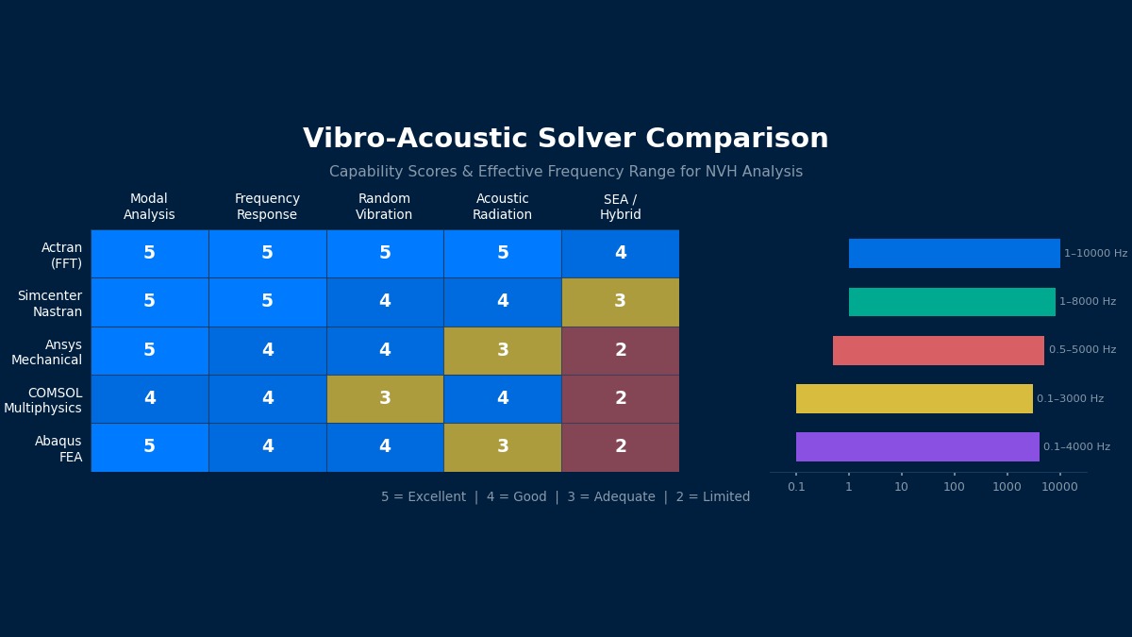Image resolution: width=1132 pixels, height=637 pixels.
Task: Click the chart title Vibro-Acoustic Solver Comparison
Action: click(x=565, y=139)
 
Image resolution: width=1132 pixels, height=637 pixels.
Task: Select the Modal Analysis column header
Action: click(x=149, y=207)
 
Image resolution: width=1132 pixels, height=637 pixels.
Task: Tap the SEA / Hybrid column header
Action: click(x=620, y=207)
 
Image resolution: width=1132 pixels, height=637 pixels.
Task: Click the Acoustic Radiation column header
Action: click(x=502, y=207)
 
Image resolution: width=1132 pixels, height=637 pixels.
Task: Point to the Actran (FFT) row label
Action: click(x=61, y=255)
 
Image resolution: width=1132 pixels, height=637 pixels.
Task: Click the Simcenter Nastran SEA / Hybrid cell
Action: click(x=620, y=302)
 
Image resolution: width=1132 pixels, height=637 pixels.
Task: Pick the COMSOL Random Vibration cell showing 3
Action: click(x=384, y=398)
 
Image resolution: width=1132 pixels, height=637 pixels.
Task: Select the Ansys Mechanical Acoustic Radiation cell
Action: click(x=502, y=350)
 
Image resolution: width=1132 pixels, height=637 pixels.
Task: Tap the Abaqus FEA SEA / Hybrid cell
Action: click(x=620, y=446)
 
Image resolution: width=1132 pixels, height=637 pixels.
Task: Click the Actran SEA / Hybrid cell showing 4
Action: click(x=620, y=253)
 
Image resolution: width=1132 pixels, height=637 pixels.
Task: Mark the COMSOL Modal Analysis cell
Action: click(x=149, y=398)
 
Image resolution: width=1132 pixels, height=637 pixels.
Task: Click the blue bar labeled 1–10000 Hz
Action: click(x=954, y=253)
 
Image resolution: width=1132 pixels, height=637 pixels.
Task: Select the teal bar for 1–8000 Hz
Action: click(x=951, y=302)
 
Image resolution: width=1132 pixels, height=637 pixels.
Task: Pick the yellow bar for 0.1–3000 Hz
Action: click(x=913, y=398)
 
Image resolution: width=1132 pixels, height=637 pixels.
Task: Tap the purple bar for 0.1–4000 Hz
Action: click(x=917, y=446)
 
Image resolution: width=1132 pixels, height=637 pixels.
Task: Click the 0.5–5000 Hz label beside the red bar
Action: click(x=1082, y=350)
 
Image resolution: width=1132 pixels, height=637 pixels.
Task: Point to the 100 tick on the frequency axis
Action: click(x=954, y=487)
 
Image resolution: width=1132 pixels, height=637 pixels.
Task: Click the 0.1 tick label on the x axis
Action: click(x=796, y=487)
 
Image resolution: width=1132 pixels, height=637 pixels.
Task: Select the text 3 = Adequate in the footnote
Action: click(x=610, y=497)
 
